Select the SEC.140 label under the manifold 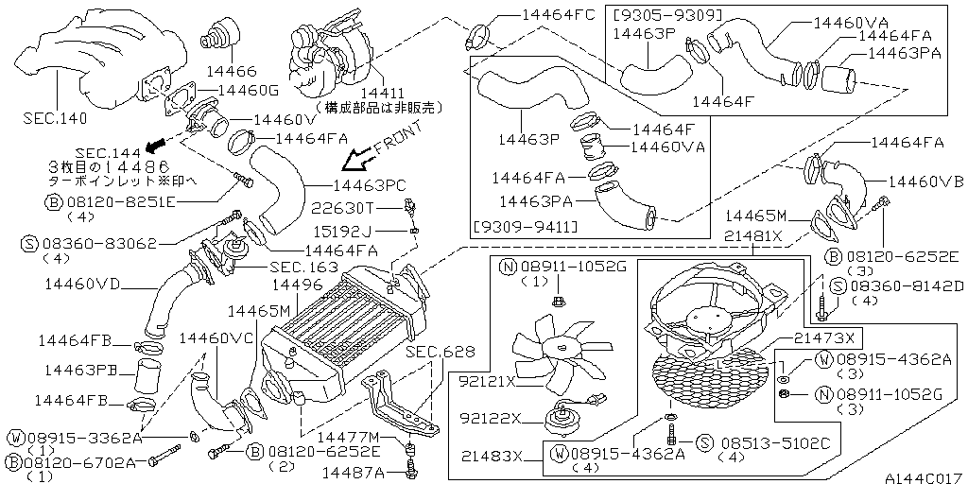point(54,120)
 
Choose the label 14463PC point(371,187)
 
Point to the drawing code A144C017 point(924,476)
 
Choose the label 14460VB point(925,180)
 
